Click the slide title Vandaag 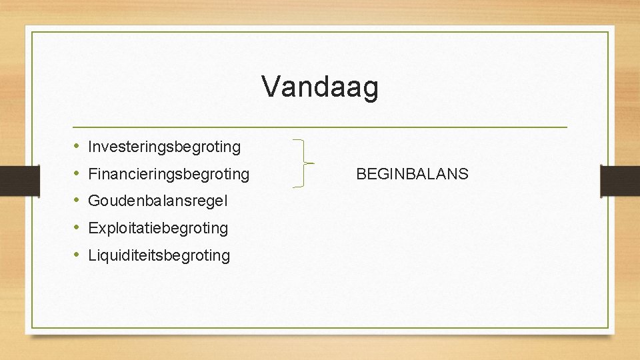pyautogui.click(x=320, y=87)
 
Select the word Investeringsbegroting pyautogui.click(x=164, y=146)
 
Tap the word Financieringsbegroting pyautogui.click(x=169, y=175)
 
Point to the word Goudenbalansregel pyautogui.click(x=158, y=201)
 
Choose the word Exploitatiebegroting pyautogui.click(x=158, y=228)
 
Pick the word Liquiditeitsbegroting pyautogui.click(x=159, y=255)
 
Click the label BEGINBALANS pyautogui.click(x=412, y=175)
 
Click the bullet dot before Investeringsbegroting pyautogui.click(x=77, y=145)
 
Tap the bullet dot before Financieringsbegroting pyautogui.click(x=77, y=174)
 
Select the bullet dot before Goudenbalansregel pyautogui.click(x=77, y=200)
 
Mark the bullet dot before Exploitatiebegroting pyautogui.click(x=77, y=227)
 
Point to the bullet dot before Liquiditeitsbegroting pyautogui.click(x=77, y=255)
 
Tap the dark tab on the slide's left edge pyautogui.click(x=12, y=181)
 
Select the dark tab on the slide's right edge pyautogui.click(x=619, y=181)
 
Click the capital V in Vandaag pyautogui.click(x=270, y=87)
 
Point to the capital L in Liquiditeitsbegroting pyautogui.click(x=91, y=255)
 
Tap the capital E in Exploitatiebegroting pyautogui.click(x=93, y=228)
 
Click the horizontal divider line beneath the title pyautogui.click(x=320, y=127)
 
